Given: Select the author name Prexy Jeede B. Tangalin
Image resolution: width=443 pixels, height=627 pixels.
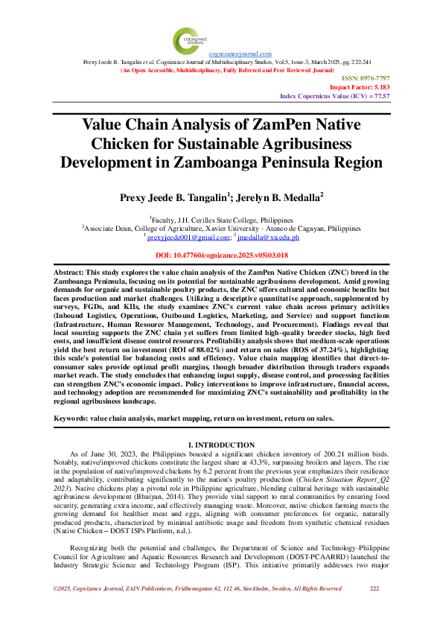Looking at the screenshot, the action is click(171, 199).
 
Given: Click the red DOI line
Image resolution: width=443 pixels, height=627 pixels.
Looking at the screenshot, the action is click(221, 255).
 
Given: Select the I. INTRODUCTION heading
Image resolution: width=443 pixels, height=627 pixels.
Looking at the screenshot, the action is click(221, 445).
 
